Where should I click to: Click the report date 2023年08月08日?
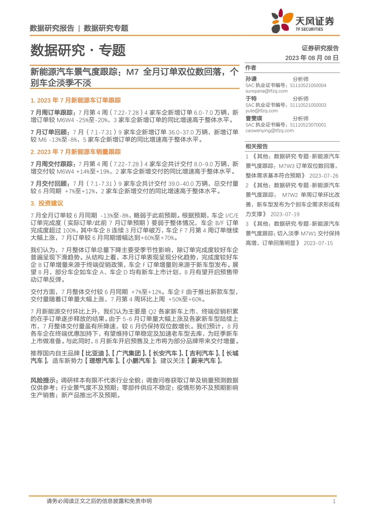click(312, 58)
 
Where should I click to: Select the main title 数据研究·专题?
click(78, 50)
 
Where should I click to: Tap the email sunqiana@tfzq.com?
click(266, 91)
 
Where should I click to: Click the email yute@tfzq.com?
click(262, 111)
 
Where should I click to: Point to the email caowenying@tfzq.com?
click(269, 130)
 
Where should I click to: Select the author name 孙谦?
click(251, 79)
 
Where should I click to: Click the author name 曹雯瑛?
click(254, 118)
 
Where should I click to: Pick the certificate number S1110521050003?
click(308, 105)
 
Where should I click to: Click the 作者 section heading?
click(251, 68)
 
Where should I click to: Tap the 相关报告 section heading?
click(257, 146)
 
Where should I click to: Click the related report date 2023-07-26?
click(324, 176)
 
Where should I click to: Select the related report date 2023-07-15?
click(318, 243)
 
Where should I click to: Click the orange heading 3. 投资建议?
click(47, 203)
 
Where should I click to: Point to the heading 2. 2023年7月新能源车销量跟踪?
click(76, 152)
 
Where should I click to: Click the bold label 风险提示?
click(44, 380)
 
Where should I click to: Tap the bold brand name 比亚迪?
click(95, 353)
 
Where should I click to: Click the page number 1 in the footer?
click(334, 501)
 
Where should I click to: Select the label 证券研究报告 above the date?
click(320, 48)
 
